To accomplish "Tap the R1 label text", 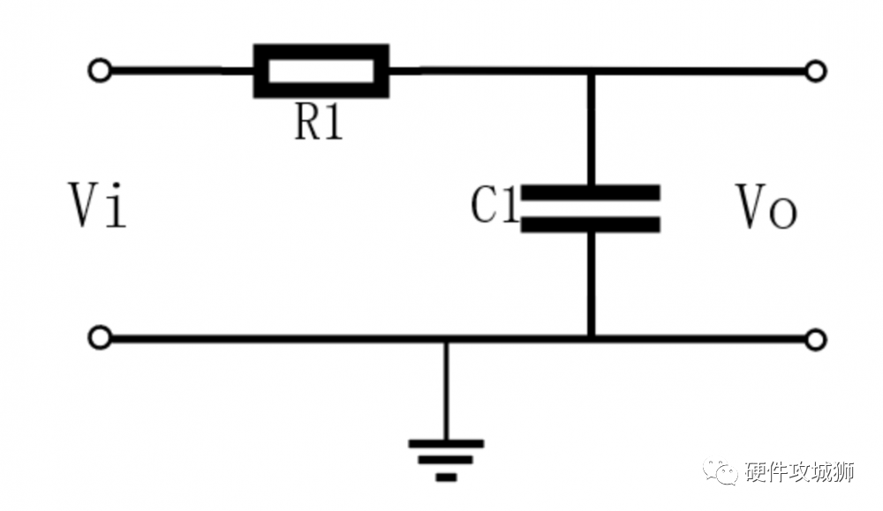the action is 319,123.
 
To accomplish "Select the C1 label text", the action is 494,204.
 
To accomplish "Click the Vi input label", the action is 97,205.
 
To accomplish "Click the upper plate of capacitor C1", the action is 590,192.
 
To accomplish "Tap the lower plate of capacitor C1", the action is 590,225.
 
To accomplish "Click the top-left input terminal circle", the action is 101,71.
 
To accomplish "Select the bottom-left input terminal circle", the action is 101,338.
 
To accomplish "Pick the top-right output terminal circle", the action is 815,71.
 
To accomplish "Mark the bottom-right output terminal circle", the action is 815,340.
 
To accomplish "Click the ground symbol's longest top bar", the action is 446,443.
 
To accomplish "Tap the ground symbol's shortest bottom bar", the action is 446,477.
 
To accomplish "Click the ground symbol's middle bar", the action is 446,460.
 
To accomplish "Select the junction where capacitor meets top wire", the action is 591,71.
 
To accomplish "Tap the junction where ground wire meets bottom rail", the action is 446,340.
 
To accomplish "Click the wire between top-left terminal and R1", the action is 183,71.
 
